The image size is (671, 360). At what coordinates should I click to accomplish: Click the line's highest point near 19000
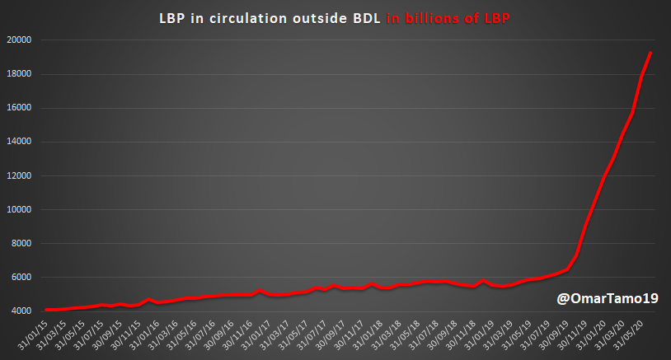650,53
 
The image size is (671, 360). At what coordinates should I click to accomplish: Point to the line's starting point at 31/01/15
46,310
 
